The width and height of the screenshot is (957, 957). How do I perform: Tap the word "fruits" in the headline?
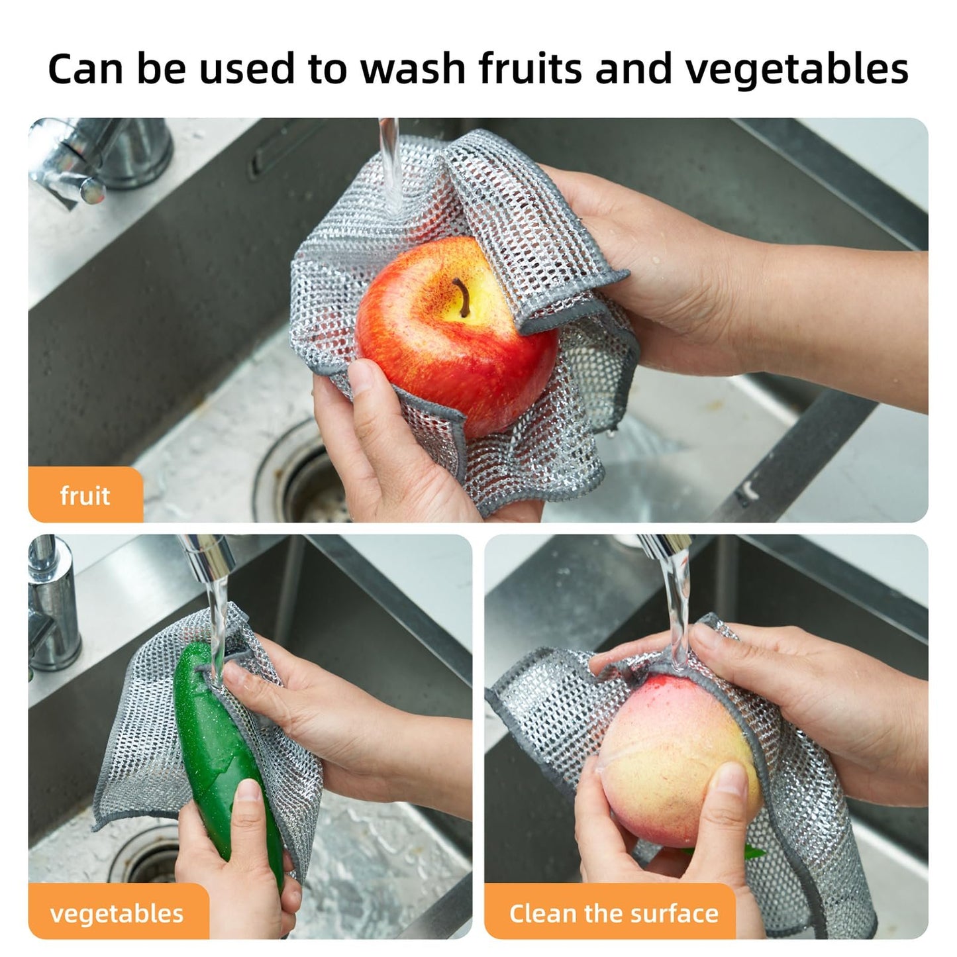tap(531, 69)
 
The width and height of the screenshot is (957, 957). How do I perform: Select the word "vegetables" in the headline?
tap(796, 70)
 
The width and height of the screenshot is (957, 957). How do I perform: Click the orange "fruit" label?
tap(85, 495)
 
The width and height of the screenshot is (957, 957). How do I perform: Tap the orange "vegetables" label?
tap(117, 914)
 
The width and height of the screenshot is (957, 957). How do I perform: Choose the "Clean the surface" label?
tap(613, 914)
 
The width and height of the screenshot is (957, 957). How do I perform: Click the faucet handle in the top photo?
tap(79, 176)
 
